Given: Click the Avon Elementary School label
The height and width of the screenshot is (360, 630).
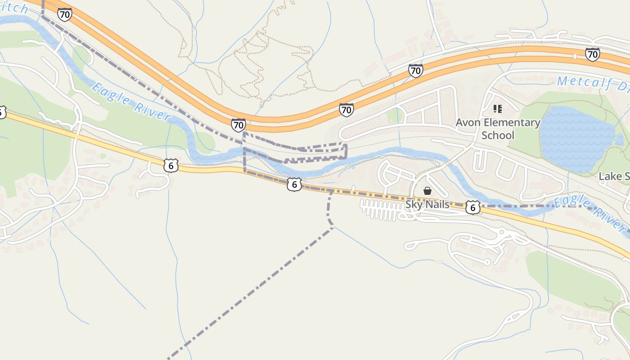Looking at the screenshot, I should click(x=498, y=129).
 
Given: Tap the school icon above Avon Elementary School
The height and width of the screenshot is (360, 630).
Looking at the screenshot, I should click(x=497, y=109).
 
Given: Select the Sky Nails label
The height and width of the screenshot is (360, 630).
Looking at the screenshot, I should click(x=427, y=204).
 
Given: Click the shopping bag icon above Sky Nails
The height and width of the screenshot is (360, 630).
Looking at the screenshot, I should click(x=427, y=191).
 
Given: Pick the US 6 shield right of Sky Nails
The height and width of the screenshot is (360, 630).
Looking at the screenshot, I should click(x=472, y=207).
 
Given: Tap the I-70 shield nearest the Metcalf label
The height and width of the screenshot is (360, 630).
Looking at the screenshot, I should click(x=593, y=54).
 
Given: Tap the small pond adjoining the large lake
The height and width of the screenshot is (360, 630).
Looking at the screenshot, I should click(x=620, y=140).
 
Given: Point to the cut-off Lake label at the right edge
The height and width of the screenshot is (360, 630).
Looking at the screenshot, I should click(x=614, y=176).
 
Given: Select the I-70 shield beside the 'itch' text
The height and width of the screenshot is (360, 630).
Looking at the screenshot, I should click(x=64, y=14).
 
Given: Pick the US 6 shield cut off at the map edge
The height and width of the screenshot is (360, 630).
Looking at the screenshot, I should click(x=2, y=112).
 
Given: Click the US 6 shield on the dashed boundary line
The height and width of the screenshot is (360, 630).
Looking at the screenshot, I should click(x=294, y=184).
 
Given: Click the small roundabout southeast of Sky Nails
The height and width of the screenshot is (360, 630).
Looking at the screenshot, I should click(x=502, y=232).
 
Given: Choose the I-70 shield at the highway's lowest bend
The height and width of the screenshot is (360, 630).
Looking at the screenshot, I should click(x=238, y=125).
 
